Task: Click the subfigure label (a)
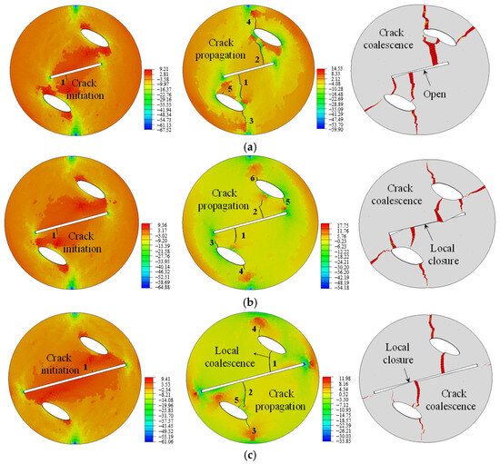click(x=251, y=147)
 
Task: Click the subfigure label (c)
click(x=251, y=456)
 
